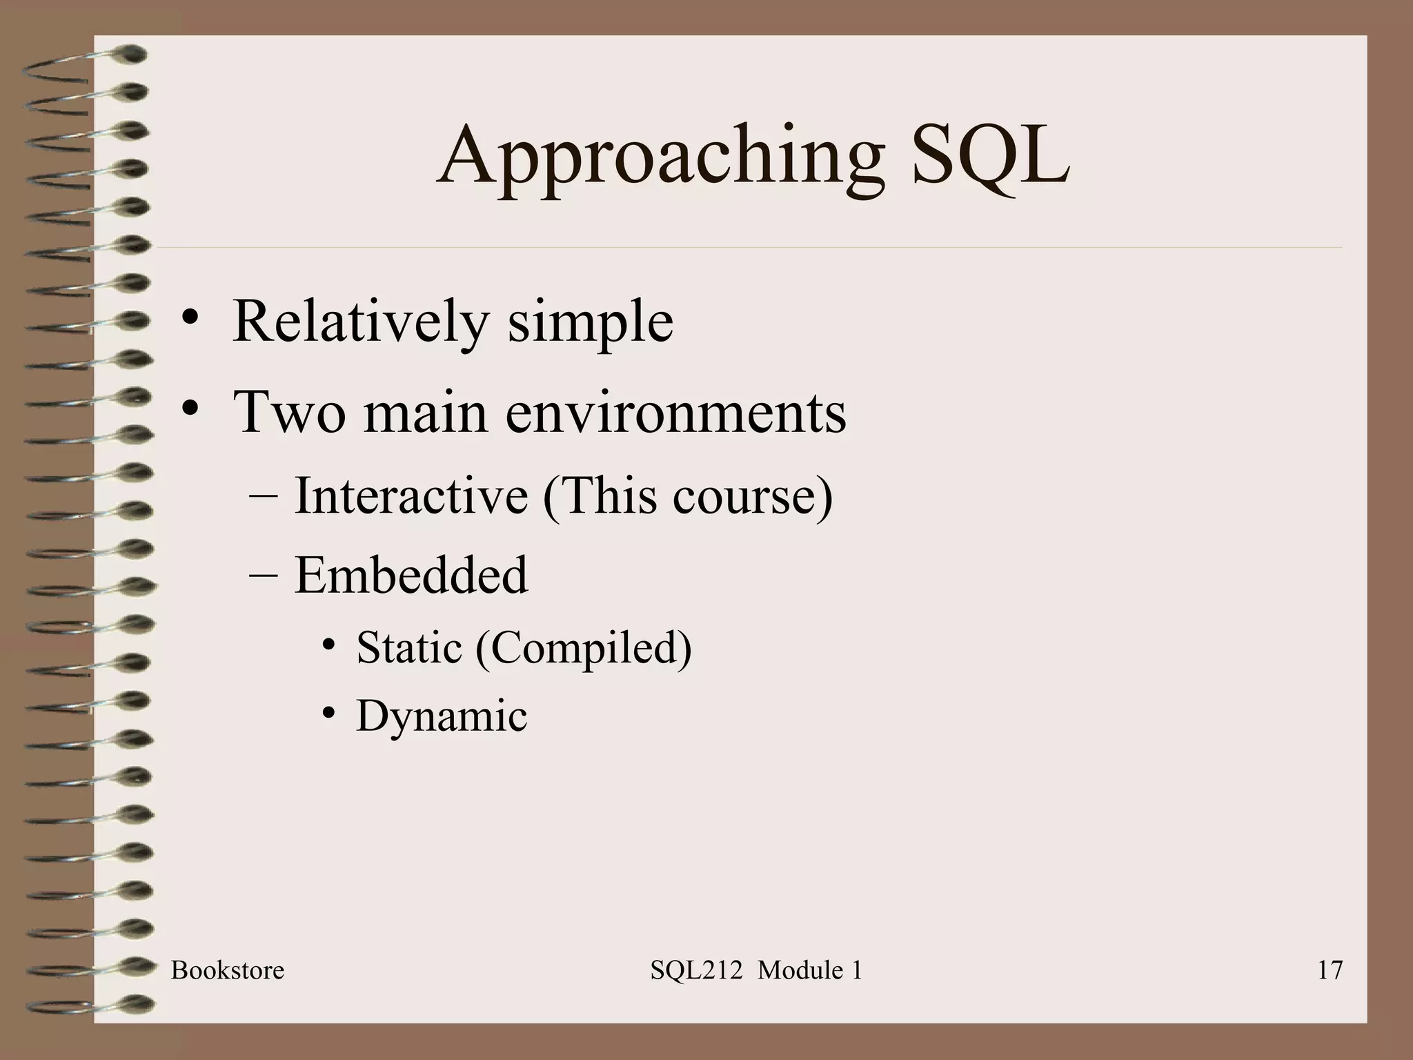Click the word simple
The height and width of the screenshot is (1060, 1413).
(591, 322)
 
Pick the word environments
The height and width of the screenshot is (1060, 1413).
(675, 412)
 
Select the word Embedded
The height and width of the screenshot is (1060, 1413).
(411, 575)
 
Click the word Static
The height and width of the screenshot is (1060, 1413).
(408, 648)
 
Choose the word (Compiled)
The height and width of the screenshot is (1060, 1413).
(583, 649)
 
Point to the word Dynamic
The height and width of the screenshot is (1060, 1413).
(442, 716)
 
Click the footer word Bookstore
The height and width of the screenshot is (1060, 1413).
(228, 970)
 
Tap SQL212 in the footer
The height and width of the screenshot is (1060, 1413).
(696, 970)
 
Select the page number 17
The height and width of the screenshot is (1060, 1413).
(1330, 970)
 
